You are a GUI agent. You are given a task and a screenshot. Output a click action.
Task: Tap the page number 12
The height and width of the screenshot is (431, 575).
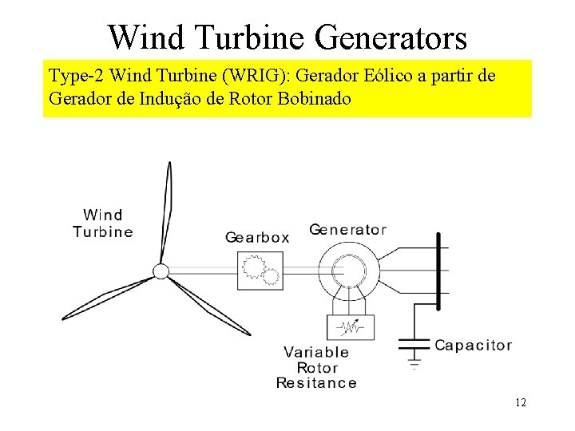click(521, 403)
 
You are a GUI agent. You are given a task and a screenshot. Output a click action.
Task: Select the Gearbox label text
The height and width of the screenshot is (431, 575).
click(257, 237)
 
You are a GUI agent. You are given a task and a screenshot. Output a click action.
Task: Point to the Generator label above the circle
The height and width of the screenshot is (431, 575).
click(347, 230)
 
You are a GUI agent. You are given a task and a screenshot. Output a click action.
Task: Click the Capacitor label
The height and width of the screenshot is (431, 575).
click(473, 346)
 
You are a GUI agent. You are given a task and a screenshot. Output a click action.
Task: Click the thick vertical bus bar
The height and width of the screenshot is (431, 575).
click(438, 271)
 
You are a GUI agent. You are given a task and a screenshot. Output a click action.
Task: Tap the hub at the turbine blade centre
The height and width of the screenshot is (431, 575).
click(161, 271)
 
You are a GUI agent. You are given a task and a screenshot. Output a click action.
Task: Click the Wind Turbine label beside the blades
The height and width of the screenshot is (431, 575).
click(103, 223)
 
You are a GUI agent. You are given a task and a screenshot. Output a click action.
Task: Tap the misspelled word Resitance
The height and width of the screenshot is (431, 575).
click(316, 383)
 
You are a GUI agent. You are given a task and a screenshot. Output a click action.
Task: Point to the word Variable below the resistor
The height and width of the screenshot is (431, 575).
click(316, 352)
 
